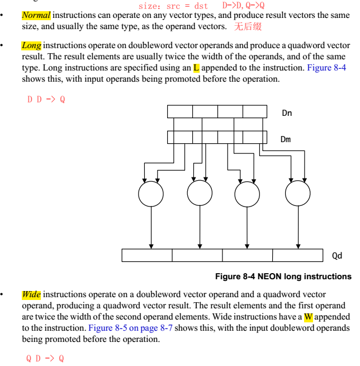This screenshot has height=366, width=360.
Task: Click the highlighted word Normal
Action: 36,15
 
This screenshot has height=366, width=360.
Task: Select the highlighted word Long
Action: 31,45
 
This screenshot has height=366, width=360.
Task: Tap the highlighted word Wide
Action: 31,294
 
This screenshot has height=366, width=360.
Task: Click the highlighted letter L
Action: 196,68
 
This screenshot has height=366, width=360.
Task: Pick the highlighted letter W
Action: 308,317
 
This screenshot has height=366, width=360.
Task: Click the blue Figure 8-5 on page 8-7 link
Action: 130,328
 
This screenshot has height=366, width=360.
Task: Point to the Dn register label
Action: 287,113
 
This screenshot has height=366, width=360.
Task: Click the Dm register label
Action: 286,139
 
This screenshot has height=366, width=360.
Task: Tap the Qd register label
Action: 337,256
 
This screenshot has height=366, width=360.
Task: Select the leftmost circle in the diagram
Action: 151,194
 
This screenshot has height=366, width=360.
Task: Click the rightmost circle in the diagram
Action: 297,194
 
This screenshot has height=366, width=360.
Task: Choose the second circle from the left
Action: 200,194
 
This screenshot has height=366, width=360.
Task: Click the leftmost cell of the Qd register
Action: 147,255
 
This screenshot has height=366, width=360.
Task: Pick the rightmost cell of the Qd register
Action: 297,255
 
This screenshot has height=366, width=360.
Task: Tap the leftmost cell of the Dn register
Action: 180,111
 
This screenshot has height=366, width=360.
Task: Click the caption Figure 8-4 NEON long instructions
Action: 283,276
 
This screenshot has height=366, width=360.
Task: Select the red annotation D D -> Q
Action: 46,100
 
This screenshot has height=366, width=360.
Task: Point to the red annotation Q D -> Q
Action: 45,358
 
